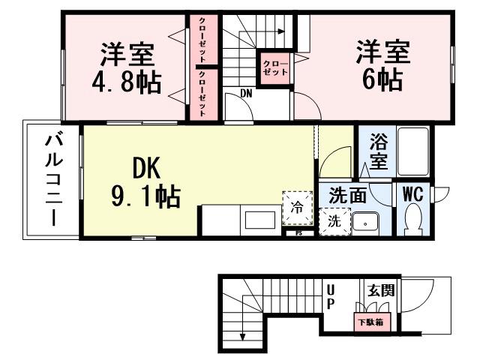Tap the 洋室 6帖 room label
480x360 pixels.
[x=382, y=66]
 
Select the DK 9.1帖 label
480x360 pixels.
[x=145, y=183]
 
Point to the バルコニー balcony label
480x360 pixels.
[x=52, y=180]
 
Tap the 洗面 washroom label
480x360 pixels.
[x=348, y=196]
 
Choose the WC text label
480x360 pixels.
[x=413, y=193]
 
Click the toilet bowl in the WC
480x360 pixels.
[x=413, y=219]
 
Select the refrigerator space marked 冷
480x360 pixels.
[x=297, y=208]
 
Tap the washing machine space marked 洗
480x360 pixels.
[x=334, y=222]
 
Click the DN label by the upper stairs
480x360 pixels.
[x=246, y=93]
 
